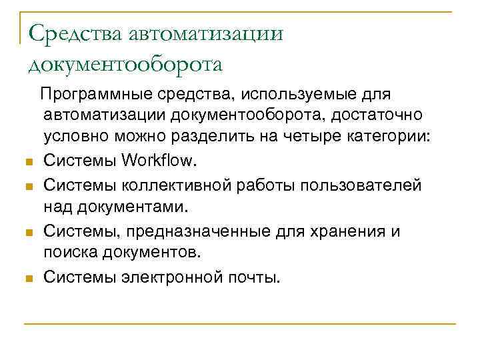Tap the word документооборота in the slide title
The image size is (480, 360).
[125, 65]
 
